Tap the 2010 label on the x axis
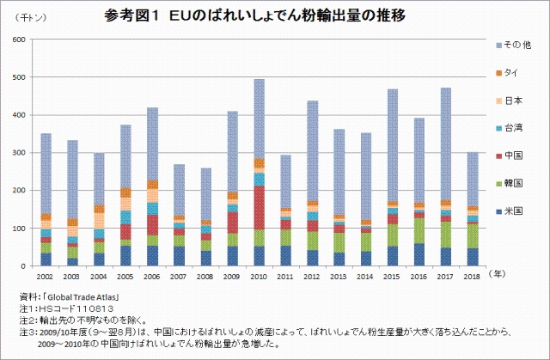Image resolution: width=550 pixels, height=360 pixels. (x=258, y=276)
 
